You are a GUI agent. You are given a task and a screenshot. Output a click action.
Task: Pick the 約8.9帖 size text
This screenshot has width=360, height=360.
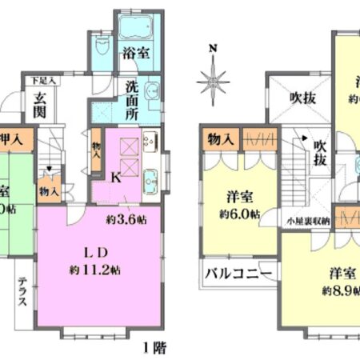[x=341, y=289]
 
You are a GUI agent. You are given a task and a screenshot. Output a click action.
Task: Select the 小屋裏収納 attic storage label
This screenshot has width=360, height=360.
[x=308, y=217]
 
